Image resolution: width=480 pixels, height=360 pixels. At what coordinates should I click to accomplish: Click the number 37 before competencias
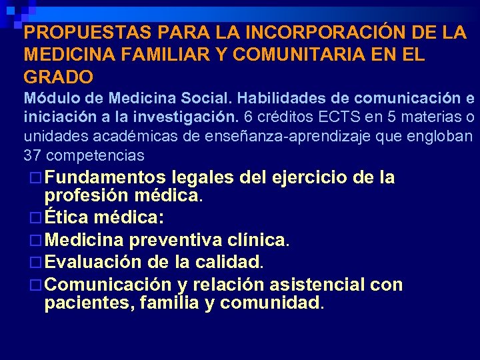coord(32,156)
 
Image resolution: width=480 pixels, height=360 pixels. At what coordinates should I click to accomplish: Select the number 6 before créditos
coord(248,118)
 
